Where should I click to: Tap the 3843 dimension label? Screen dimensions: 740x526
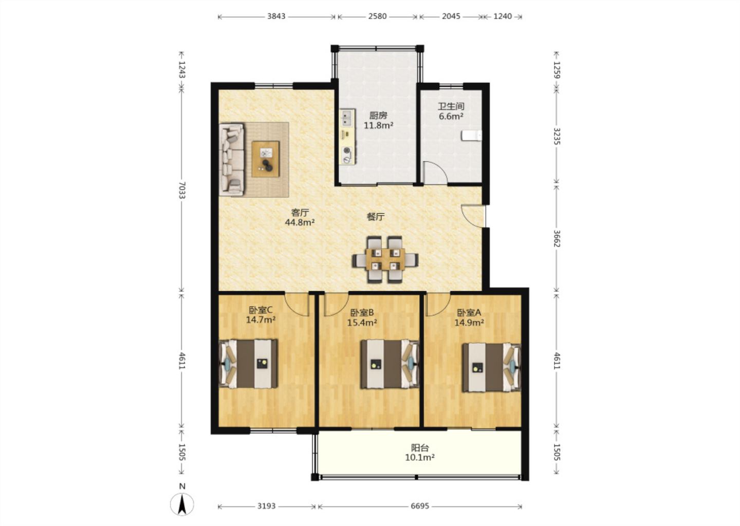click(x=276, y=16)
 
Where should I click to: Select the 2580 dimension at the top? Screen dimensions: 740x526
click(x=377, y=16)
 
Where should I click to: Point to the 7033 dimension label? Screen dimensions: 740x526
click(x=182, y=190)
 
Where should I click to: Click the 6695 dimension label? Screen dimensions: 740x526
click(x=419, y=506)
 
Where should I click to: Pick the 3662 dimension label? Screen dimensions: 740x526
click(x=557, y=238)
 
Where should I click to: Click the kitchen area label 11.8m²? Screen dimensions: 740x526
click(x=379, y=125)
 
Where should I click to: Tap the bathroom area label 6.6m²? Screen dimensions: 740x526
click(x=451, y=116)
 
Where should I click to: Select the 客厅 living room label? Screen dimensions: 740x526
click(x=300, y=212)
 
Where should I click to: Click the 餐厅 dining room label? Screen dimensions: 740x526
click(x=376, y=217)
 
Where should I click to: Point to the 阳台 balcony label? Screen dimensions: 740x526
click(x=420, y=448)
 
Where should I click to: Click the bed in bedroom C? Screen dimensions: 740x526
click(x=248, y=364)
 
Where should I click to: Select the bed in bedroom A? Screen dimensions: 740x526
click(x=492, y=367)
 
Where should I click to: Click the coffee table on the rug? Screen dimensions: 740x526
click(x=266, y=159)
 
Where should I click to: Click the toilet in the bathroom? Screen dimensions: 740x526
click(x=471, y=136)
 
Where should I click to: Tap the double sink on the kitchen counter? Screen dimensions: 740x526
click(x=347, y=119)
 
